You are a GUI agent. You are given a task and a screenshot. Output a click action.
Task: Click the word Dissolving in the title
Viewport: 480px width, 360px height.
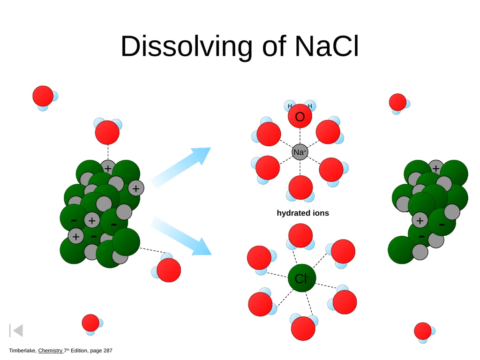pos(187,46)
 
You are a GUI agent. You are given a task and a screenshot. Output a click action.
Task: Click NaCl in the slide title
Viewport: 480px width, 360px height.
pos(327,46)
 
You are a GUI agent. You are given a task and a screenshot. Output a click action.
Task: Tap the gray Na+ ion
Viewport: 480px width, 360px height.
pos(300,152)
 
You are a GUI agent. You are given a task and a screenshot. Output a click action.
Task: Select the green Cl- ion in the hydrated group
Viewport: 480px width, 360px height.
pos(302,278)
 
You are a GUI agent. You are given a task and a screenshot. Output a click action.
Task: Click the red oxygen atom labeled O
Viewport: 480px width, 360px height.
pos(300,116)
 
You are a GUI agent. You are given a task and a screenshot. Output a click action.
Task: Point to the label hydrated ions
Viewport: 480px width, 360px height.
pos(303,213)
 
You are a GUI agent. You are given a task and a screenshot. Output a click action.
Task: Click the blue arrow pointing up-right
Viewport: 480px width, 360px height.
pos(181,167)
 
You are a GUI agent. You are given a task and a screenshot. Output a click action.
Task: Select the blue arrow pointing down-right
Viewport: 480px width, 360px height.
pos(181,236)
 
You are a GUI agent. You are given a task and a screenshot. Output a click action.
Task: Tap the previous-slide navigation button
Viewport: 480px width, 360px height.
pos(16,330)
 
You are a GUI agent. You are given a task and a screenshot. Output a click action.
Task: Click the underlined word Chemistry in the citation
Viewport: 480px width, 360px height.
pos(50,351)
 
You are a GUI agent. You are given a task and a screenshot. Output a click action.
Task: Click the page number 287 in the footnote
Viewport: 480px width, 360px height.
pos(108,351)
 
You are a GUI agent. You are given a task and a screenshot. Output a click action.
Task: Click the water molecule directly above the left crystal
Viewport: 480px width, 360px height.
pos(107,131)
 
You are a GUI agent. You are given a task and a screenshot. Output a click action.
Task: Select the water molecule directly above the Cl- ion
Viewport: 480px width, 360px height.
pos(300,237)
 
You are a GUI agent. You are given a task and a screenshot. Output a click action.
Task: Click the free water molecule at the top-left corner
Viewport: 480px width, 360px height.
pos(45,97)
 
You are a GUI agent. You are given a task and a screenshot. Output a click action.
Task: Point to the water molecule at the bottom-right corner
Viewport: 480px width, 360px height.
pos(424,332)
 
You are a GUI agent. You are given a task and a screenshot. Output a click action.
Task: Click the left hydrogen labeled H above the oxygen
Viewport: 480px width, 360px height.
pos(289,105)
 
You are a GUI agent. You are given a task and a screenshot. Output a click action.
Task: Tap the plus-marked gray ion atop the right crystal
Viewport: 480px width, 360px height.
pos(436,168)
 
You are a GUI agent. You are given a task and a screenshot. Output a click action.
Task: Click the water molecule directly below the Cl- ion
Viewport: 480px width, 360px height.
pos(303,327)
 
